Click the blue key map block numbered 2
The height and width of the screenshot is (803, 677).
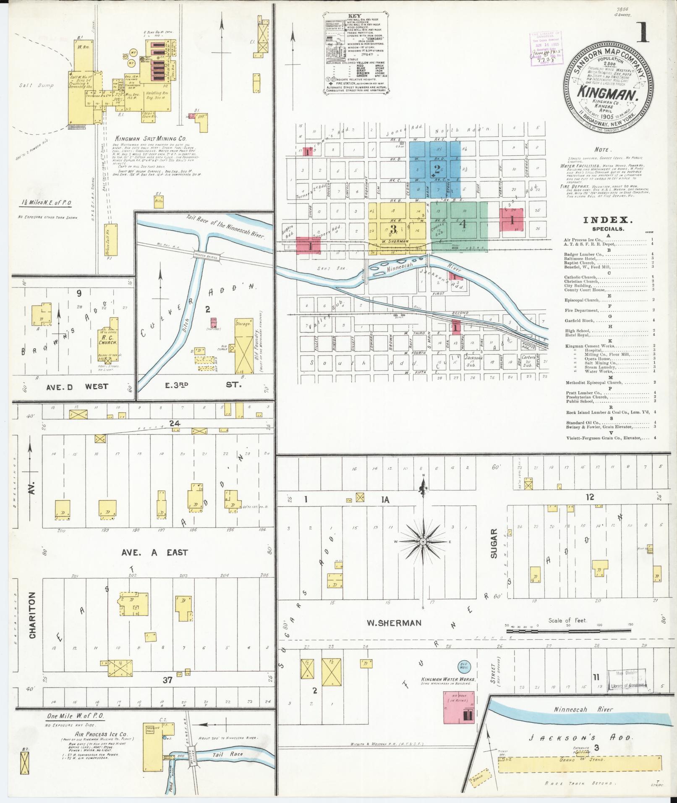[437, 170]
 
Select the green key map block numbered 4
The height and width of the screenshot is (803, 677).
[463, 224]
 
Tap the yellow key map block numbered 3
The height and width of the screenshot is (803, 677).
[393, 229]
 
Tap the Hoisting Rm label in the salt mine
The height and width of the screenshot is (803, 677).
[156, 94]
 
